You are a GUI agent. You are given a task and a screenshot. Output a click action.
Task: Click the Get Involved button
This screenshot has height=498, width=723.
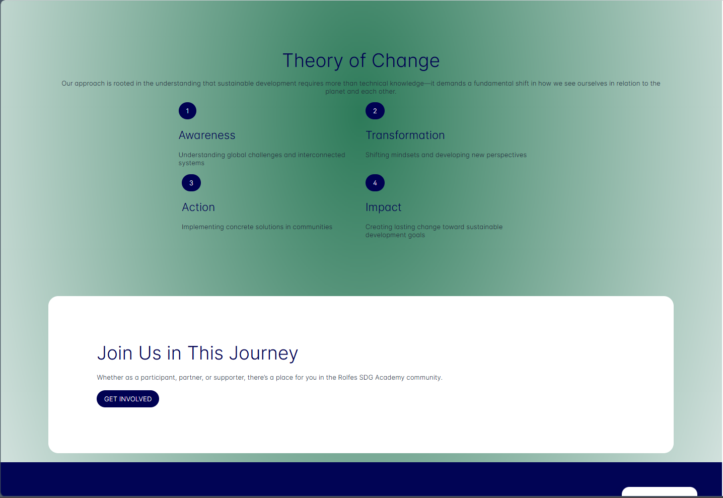click(128, 399)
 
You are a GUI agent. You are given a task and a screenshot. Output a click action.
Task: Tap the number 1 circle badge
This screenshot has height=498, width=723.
click(187, 111)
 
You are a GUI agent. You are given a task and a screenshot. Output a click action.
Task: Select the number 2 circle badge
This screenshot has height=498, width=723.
click(375, 111)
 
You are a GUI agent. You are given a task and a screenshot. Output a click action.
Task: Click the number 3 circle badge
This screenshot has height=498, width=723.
click(191, 183)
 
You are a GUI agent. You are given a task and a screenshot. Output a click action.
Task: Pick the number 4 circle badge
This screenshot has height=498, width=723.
click(375, 183)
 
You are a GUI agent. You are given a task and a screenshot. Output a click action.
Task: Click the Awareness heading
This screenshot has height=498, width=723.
click(207, 135)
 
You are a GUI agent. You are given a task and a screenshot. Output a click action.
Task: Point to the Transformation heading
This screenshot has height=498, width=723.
click(405, 135)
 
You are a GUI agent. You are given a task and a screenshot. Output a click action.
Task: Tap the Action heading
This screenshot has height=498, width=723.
click(198, 207)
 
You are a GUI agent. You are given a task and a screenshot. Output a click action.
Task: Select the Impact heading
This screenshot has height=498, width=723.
click(383, 207)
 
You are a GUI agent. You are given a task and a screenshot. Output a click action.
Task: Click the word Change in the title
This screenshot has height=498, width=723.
click(406, 61)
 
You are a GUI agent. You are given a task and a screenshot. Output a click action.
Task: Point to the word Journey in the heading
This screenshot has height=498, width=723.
click(263, 353)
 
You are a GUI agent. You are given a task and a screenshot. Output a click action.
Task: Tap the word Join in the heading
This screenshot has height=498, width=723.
click(115, 353)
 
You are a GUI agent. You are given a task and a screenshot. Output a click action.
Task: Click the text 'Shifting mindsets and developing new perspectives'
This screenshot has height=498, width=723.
click(446, 155)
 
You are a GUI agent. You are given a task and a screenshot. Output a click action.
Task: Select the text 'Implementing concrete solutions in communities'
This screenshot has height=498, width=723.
click(257, 227)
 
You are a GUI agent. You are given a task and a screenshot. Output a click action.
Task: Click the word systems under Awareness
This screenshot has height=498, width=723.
click(191, 163)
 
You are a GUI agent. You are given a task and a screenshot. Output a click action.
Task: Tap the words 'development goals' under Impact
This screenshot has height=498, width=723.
click(395, 235)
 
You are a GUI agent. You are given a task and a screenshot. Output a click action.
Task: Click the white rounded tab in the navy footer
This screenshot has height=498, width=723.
click(660, 491)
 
